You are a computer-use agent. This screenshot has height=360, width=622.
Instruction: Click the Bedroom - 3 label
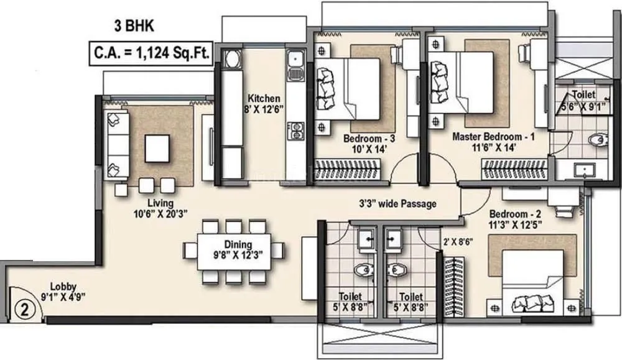(x=366, y=141)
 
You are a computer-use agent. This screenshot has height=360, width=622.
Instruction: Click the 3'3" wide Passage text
(x=397, y=203)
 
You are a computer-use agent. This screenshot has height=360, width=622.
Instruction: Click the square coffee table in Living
(x=155, y=148)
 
